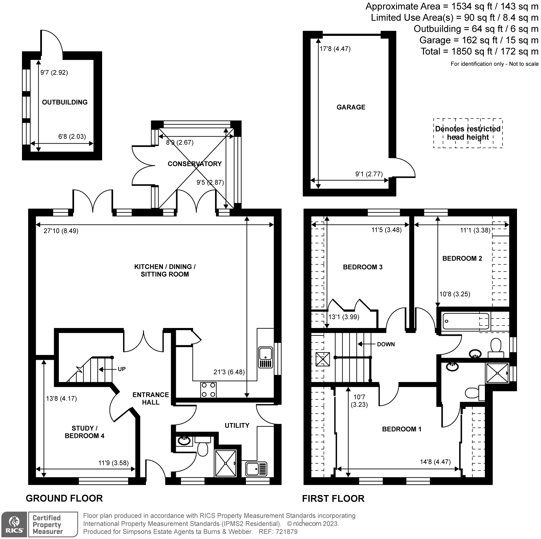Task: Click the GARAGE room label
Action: point(351,107)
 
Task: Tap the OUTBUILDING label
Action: point(65,102)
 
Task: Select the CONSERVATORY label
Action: point(194,164)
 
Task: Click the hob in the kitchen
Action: point(209,389)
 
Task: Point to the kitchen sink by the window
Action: point(265,357)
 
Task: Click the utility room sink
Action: point(256,469)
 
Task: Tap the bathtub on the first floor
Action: point(466,321)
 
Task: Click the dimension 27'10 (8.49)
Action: point(61,231)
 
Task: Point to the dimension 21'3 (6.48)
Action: point(229,372)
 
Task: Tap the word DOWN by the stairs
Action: point(386,344)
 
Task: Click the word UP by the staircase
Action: point(122,369)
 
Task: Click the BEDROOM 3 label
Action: point(362,267)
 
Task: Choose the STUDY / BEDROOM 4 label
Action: point(84,432)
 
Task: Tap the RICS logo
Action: point(14,524)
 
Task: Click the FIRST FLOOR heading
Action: point(333,498)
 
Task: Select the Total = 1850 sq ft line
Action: point(479,51)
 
